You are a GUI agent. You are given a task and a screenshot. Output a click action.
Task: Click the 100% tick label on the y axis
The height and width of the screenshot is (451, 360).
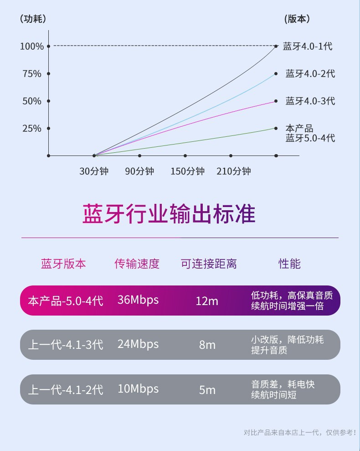pyautogui.click(x=32, y=46)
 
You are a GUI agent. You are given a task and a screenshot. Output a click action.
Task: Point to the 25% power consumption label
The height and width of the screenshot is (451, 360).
pyautogui.click(x=32, y=128)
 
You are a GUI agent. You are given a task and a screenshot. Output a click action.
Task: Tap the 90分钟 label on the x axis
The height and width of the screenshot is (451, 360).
pyautogui.click(x=139, y=171)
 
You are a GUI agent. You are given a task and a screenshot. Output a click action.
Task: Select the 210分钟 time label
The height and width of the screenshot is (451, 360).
pyautogui.click(x=234, y=171)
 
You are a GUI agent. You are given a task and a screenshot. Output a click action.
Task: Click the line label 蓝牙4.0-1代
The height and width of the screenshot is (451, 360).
pyautogui.click(x=308, y=46)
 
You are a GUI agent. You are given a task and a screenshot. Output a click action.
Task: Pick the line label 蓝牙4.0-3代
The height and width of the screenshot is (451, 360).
pyautogui.click(x=310, y=101)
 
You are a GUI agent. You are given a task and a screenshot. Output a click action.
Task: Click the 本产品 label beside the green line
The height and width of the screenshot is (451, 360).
pyautogui.click(x=299, y=129)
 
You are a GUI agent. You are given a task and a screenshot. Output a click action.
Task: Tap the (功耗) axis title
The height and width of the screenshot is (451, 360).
pyautogui.click(x=33, y=19)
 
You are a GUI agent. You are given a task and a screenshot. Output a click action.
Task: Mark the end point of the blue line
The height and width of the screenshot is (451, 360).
pyautogui.click(x=276, y=73)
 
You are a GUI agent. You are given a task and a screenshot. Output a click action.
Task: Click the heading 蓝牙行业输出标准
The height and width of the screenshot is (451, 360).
pyautogui.click(x=169, y=214)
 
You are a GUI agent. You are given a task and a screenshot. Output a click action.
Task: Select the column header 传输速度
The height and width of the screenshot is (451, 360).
pyautogui.click(x=137, y=264)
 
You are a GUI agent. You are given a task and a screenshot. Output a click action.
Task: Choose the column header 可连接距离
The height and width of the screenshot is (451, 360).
pyautogui.click(x=209, y=264)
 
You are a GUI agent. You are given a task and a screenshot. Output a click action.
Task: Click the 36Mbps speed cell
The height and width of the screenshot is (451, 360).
pyautogui.click(x=138, y=300)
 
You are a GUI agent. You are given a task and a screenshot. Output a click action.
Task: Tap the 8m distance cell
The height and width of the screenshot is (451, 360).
pyautogui.click(x=207, y=345)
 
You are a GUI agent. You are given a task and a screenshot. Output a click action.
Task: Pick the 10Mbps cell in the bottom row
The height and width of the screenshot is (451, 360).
pyautogui.click(x=138, y=389)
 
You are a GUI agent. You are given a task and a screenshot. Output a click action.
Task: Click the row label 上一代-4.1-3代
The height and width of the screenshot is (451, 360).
pyautogui.click(x=66, y=345)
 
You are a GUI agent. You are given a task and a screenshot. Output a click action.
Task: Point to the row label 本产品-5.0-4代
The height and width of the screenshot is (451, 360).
pyautogui.click(x=66, y=301)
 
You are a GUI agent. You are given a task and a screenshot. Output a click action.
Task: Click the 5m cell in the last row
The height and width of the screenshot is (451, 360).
pyautogui.click(x=207, y=390)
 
